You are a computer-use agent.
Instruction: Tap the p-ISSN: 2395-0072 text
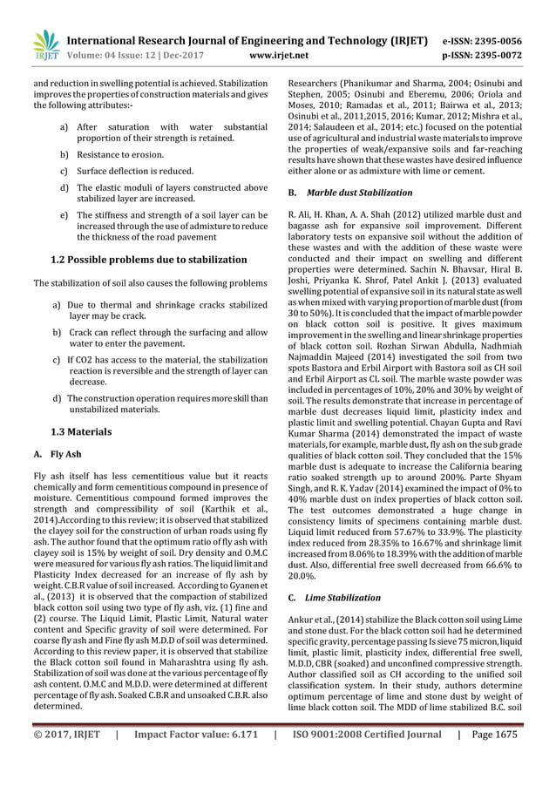(x=491, y=55)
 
